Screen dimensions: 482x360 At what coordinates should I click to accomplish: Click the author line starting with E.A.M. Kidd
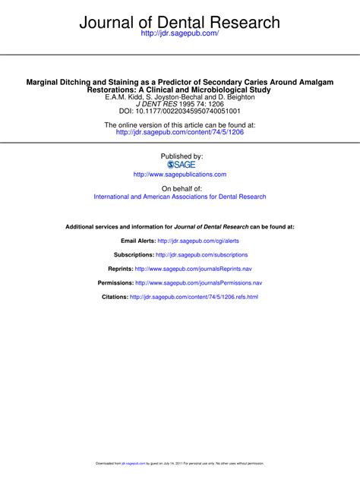pyautogui.click(x=179, y=97)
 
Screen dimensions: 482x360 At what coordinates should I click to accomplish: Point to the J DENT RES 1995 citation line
pyautogui.click(x=179, y=105)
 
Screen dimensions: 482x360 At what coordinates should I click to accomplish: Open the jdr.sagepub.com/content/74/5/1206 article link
pyautogui.click(x=179, y=132)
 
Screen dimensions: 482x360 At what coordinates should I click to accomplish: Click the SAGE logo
pyautogui.click(x=179, y=164)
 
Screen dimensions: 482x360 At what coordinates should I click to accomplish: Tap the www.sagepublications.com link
pyautogui.click(x=179, y=174)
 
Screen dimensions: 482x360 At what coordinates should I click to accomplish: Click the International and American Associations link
pyautogui.click(x=179, y=197)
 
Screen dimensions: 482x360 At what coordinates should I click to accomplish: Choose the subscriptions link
pyautogui.click(x=201, y=255)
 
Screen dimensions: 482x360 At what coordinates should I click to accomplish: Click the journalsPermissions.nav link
pyautogui.click(x=198, y=282)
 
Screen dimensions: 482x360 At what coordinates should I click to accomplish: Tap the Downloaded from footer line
pyautogui.click(x=179, y=462)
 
